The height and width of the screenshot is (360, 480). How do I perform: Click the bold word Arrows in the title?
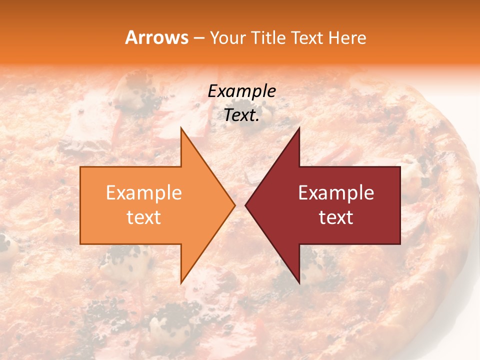156,38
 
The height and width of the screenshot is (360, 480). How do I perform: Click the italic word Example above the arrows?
241,91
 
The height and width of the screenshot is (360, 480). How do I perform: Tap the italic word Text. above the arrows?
240,115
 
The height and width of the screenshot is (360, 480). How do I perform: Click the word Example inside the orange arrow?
144,193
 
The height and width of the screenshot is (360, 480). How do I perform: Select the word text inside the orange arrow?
144,217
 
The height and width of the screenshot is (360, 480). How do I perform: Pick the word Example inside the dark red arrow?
336,193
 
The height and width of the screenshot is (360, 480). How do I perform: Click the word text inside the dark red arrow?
336,217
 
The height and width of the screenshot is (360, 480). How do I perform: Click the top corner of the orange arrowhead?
181,128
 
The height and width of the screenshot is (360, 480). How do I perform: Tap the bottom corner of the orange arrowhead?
181,282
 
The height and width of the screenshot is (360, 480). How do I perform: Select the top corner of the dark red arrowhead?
299,128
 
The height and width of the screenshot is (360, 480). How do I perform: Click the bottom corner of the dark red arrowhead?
299,282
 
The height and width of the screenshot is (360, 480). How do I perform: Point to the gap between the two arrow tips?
240,205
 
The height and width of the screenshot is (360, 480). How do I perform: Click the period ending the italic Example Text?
257,120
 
